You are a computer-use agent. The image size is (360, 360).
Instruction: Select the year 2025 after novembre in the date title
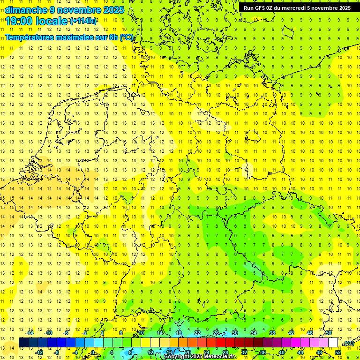pyautogui.click(x=112, y=9)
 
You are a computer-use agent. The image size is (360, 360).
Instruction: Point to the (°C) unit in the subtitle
pyautogui.click(x=126, y=37)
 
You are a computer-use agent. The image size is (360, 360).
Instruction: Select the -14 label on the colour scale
pyautogui.click(x=30, y=333)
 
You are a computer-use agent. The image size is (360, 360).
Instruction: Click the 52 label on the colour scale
pyautogui.click(x=337, y=352)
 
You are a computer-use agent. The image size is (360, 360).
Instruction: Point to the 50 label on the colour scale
pyautogui.click(x=329, y=333)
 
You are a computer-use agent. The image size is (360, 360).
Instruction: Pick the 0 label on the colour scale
pyautogui.click(x=93, y=352)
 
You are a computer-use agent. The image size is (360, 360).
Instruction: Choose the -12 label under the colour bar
pyautogui.click(x=39, y=352)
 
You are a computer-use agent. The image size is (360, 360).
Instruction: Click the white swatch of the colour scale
pyautogui.click(x=333, y=343)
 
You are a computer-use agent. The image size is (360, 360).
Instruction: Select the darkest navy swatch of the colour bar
pyautogui.click(x=23, y=343)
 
